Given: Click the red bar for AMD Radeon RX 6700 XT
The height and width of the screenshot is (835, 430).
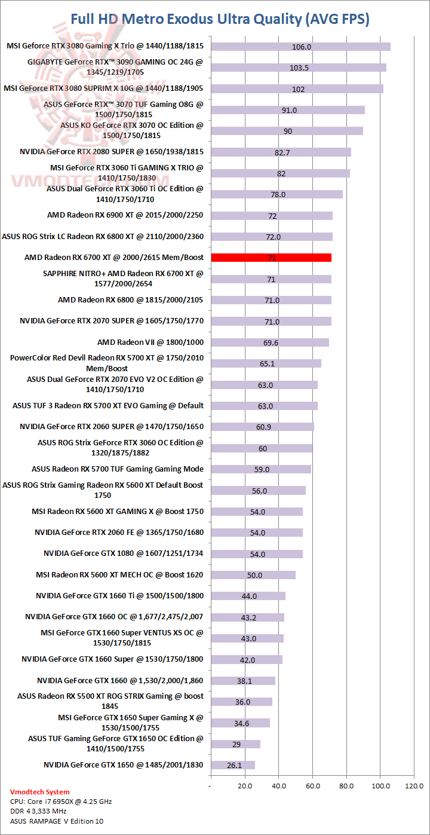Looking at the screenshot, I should click(271, 258).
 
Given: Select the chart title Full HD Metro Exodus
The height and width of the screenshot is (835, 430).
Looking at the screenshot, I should click(220, 19).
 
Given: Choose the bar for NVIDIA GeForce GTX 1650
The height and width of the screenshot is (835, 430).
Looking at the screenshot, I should click(233, 765).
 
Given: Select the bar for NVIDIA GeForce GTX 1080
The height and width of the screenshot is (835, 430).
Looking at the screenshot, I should click(257, 554).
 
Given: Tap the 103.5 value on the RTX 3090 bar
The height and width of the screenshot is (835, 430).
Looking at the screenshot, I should click(299, 68).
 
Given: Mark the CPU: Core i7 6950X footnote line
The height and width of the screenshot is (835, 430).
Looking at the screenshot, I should click(61, 802).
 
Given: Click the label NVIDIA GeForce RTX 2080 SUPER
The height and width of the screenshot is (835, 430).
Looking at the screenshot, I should click(112, 152).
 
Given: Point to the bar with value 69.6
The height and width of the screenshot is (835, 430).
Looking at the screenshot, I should click(270, 342).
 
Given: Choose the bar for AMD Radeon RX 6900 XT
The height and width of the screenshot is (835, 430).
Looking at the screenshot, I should click(272, 216).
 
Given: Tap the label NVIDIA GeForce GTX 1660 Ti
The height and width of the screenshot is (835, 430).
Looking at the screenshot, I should click(119, 596).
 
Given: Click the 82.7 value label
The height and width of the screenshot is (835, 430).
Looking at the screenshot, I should click(282, 152).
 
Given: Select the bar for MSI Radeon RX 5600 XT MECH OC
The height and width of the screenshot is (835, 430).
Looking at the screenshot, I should click(253, 575).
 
